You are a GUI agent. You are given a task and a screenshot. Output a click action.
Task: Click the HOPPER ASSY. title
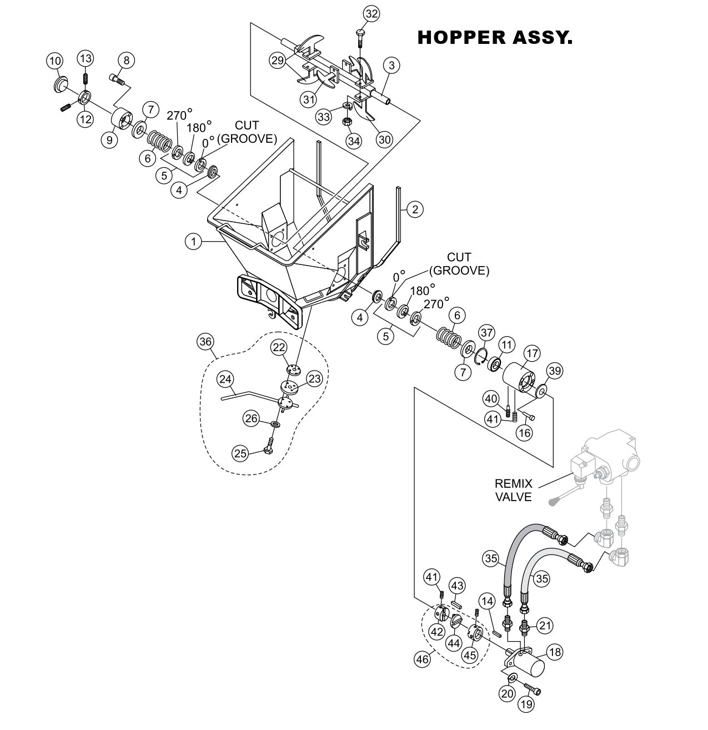point(494,38)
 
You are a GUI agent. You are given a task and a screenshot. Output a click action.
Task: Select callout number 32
point(371,14)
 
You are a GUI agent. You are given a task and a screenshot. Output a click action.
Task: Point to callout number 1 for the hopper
point(193,241)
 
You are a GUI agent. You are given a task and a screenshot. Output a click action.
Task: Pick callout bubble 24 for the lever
point(225,379)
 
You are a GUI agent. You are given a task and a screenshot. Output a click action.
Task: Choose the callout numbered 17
point(532,353)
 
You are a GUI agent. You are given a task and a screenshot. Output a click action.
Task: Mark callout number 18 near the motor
point(554,652)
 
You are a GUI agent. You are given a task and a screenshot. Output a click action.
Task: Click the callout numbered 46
point(423,659)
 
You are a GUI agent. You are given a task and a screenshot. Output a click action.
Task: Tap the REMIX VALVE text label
point(513,491)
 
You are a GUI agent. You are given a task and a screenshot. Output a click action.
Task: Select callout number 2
point(415,209)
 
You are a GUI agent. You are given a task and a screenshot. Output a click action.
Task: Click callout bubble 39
point(554,371)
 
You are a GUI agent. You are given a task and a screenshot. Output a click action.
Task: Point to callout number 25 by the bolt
point(240,453)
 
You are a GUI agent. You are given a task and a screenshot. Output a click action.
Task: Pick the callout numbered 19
point(526,704)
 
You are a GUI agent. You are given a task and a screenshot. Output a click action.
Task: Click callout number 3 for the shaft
point(391,66)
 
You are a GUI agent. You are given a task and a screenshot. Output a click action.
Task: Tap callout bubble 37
point(486,333)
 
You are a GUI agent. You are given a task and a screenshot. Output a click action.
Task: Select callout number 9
point(109,140)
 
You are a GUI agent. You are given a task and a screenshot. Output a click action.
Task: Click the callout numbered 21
point(546,625)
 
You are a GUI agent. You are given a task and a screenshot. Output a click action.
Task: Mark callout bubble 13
point(85,58)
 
